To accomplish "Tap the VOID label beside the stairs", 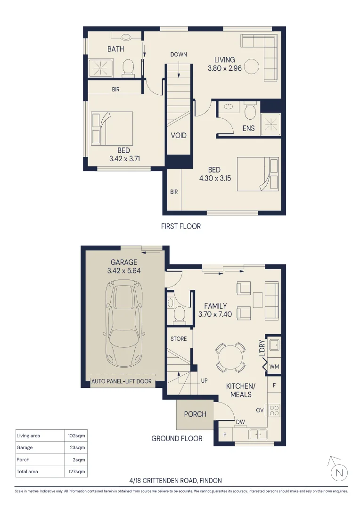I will point(179,136).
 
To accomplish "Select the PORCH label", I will point(195,414).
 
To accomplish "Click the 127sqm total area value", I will point(75,471).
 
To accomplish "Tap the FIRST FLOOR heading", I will point(181,226).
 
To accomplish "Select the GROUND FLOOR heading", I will point(177,439).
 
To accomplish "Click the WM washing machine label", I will point(275,366).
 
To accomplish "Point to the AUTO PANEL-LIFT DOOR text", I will point(122,381).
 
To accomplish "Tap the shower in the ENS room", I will point(271,125).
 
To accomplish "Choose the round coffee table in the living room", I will point(252,66).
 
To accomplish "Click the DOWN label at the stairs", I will point(179,55).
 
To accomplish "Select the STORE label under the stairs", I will point(179,339).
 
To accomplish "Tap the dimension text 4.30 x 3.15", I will point(214,179).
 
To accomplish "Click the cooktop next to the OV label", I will point(274,410).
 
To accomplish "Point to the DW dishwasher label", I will point(240,422).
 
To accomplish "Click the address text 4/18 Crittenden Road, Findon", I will point(175,481).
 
